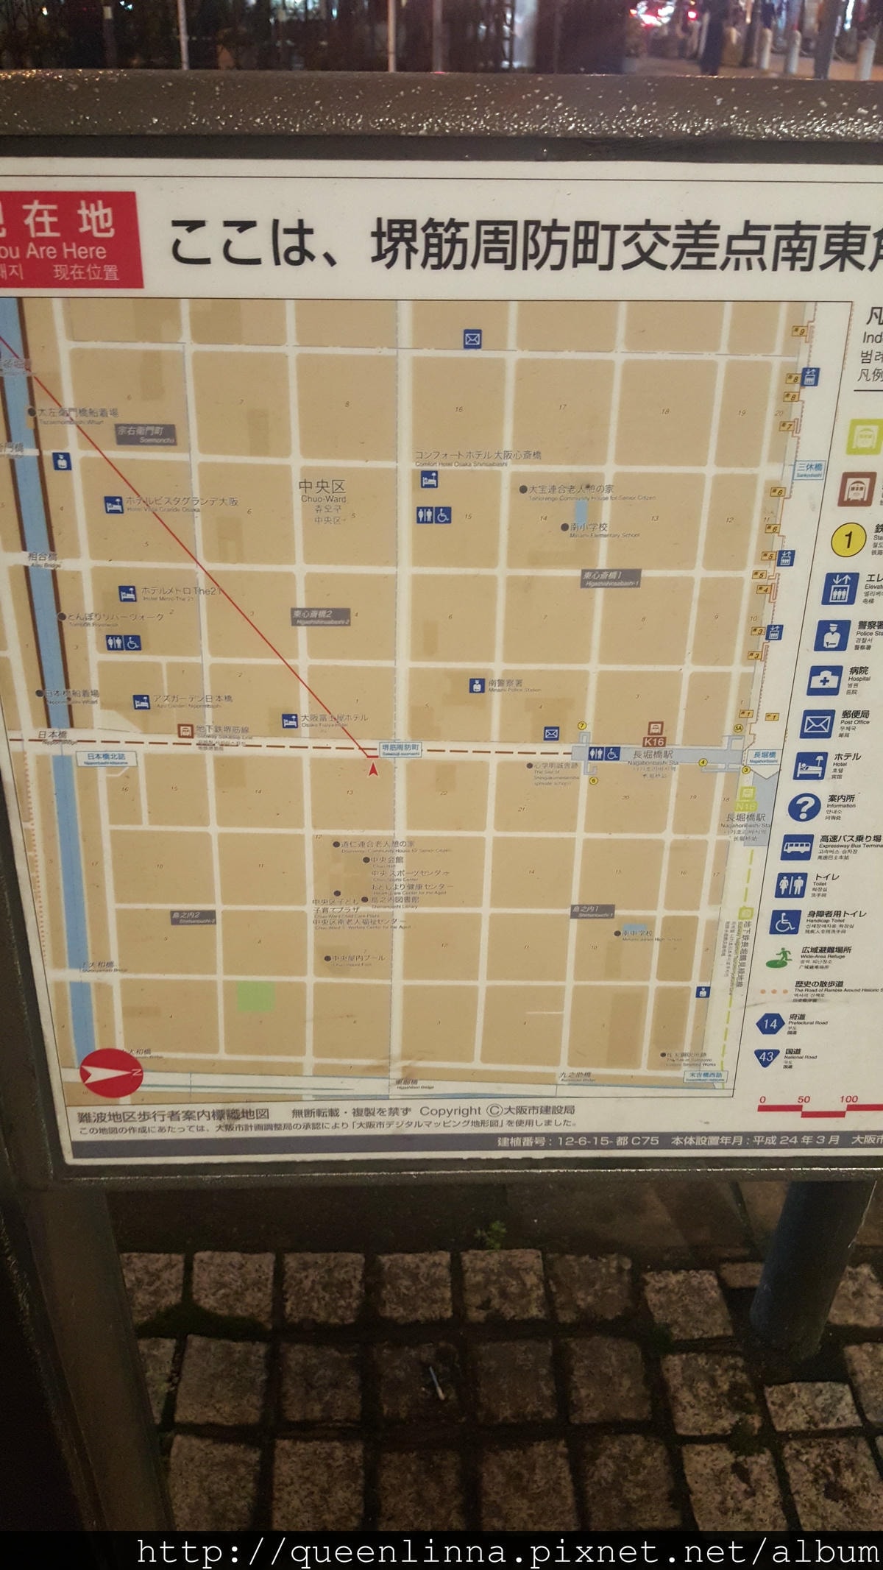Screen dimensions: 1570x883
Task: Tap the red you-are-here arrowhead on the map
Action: click(373, 769)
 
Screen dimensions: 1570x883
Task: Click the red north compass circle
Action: click(110, 1072)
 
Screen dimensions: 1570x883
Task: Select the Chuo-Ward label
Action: click(323, 493)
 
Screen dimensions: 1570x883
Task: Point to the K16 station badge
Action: click(653, 742)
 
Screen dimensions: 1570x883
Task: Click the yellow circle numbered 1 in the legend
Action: click(847, 541)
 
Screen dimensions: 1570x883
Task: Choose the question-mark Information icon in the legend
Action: click(804, 807)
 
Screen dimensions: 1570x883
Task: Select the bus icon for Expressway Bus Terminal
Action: click(796, 847)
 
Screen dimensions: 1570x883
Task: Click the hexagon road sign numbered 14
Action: click(770, 1023)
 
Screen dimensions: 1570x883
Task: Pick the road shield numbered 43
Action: click(767, 1057)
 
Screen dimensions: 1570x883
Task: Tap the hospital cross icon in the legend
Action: click(824, 681)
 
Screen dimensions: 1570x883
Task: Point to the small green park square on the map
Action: click(255, 997)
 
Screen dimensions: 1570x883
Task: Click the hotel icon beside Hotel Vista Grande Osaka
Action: click(113, 505)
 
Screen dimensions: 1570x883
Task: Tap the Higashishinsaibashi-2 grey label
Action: click(321, 617)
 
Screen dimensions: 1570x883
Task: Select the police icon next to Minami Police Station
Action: click(477, 685)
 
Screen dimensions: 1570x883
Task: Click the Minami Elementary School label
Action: click(589, 528)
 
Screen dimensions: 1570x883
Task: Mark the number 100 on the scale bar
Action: click(848, 1099)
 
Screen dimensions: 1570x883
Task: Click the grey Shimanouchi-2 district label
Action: click(192, 918)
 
